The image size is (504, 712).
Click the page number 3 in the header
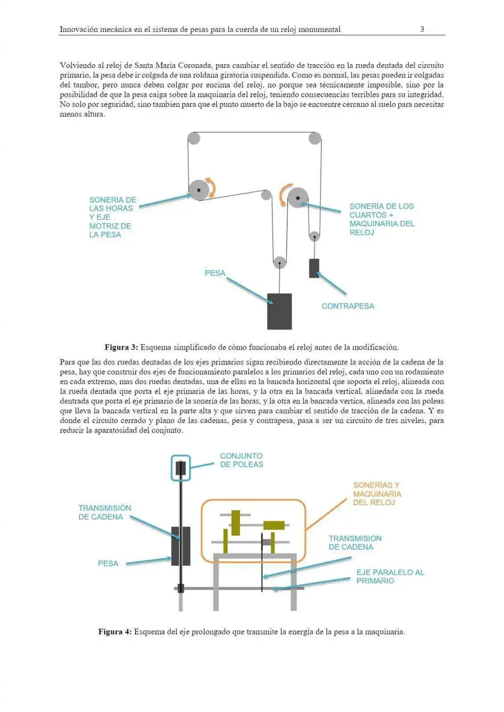click(422, 29)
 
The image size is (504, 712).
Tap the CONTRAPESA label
click(348, 306)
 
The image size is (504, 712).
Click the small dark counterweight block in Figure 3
click(314, 268)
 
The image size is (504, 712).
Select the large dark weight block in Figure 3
click(279, 311)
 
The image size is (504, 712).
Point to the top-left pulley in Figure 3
click(194, 138)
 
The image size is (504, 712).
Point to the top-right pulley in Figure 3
click(315, 138)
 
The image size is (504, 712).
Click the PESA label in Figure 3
click(215, 273)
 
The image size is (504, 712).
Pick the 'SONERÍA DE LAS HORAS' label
click(112, 217)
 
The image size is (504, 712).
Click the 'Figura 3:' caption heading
click(121, 347)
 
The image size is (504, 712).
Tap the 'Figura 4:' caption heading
click(115, 632)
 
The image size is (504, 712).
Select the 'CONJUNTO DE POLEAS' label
click(241, 460)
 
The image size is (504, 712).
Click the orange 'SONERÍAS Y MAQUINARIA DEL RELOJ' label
click(377, 494)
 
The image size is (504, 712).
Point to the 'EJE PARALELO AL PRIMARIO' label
click(390, 577)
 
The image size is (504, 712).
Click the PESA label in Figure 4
click(108, 563)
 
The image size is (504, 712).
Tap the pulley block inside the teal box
click(180, 468)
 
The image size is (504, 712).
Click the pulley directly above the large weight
click(279, 263)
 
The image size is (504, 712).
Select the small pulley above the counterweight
click(314, 236)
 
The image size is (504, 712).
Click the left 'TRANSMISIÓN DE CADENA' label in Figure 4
click(105, 512)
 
